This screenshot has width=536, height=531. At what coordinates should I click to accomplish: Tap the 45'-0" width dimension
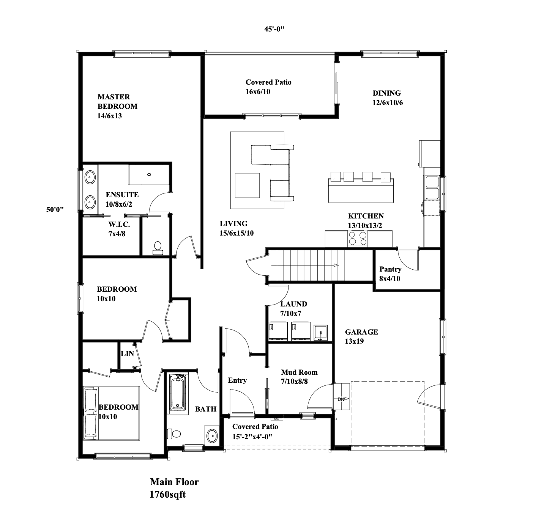pyautogui.click(x=274, y=29)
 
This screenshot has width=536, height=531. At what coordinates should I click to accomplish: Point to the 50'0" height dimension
pyautogui.click(x=55, y=209)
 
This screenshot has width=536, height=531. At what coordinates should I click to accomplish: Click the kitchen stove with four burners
pyautogui.click(x=358, y=238)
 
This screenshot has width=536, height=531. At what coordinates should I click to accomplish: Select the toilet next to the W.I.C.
pyautogui.click(x=158, y=248)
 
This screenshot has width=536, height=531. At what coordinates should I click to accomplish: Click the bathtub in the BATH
pyautogui.click(x=178, y=393)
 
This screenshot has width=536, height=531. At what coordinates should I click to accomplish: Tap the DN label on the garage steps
pyautogui.click(x=341, y=399)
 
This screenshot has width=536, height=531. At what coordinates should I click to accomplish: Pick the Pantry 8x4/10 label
pyautogui.click(x=390, y=273)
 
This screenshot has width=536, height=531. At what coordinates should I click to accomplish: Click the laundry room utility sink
pyautogui.click(x=321, y=333)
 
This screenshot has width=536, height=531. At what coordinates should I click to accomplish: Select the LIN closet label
pyautogui.click(x=127, y=353)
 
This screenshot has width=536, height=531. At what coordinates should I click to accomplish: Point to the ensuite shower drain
pyautogui.click(x=149, y=174)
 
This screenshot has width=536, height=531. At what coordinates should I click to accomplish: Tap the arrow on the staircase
pyautogui.click(x=305, y=265)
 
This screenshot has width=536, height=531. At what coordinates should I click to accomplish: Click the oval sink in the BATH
pyautogui.click(x=212, y=435)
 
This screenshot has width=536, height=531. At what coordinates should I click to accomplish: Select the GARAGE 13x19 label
pyautogui.click(x=361, y=336)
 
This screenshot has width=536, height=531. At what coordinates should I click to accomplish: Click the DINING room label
pyautogui.click(x=387, y=97)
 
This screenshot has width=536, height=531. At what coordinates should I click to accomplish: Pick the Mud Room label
pyautogui.click(x=299, y=377)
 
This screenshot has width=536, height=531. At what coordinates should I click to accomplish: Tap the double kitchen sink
pyautogui.click(x=432, y=188)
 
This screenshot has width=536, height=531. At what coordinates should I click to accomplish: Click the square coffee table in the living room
pyautogui.click(x=247, y=185)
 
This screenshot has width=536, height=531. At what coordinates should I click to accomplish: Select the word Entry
pyautogui.click(x=237, y=380)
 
